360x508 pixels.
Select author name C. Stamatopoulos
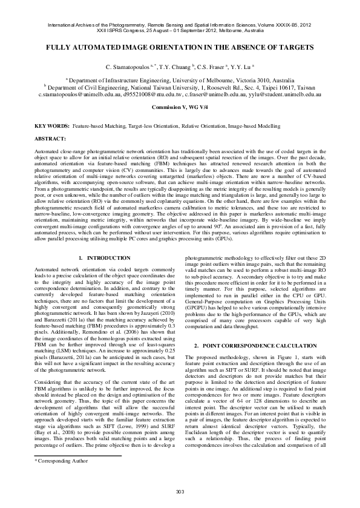tap(128, 66)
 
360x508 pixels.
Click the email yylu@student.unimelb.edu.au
tap(284, 95)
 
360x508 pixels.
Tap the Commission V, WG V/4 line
tap(180, 107)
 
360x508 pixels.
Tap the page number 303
tap(180, 490)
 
